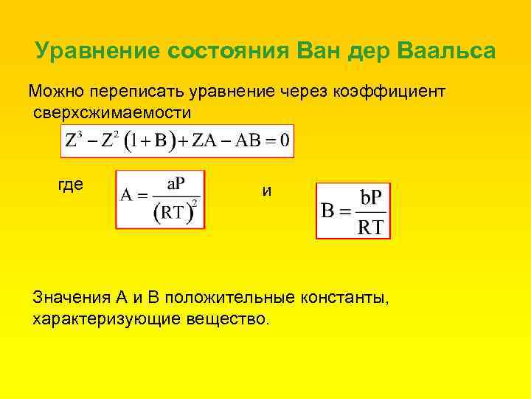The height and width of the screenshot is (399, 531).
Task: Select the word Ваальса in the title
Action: click(446, 52)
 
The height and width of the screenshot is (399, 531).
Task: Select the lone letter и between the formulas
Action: click(267, 191)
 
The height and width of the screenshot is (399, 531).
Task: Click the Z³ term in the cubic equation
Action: click(74, 140)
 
